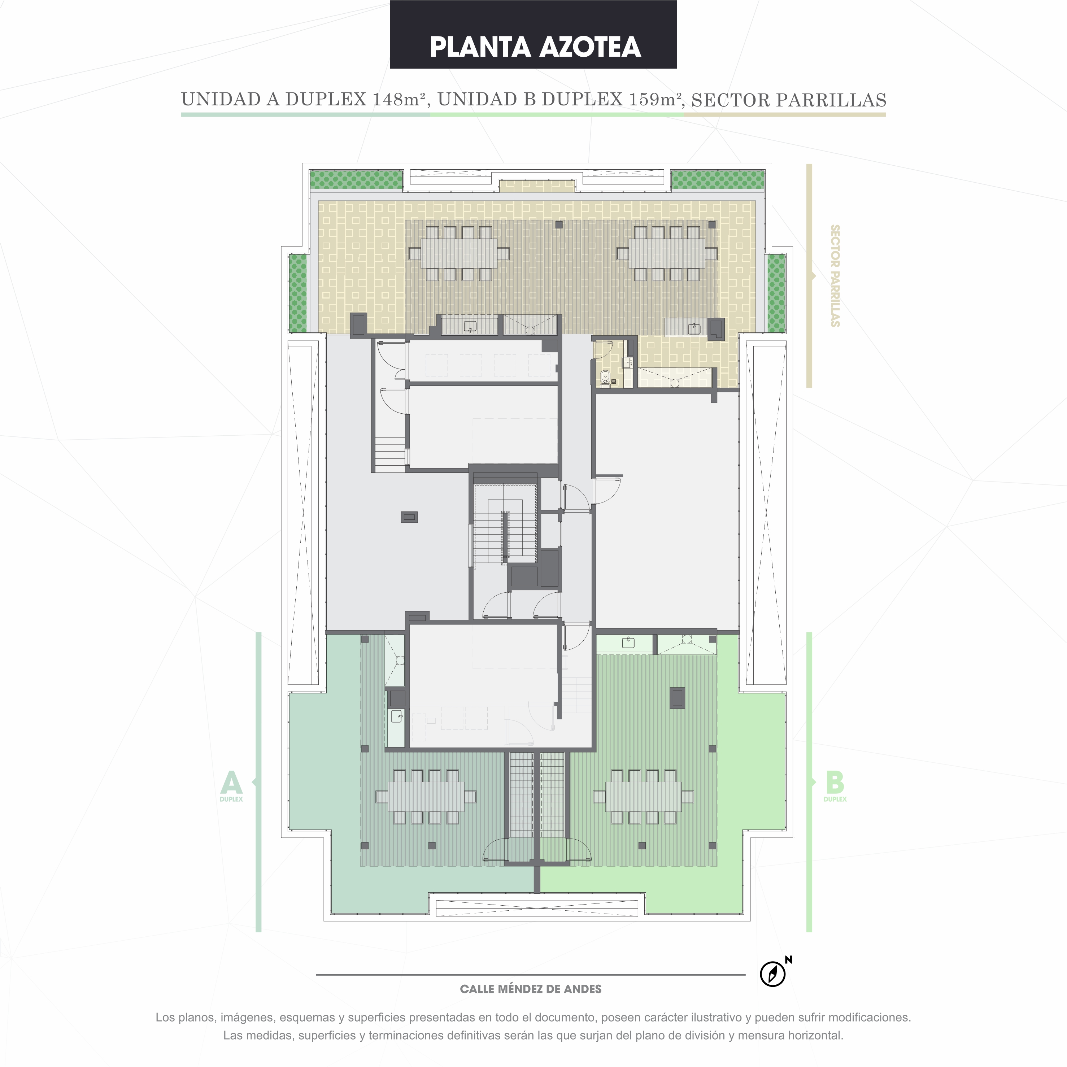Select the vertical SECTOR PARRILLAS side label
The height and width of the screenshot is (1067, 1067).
[835, 275]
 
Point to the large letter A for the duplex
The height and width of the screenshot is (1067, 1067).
[231, 783]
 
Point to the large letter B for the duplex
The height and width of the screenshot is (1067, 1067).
[835, 783]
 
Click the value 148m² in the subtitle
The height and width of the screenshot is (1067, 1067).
[399, 99]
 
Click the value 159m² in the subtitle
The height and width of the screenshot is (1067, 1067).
[656, 99]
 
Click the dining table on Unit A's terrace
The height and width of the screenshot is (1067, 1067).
[426, 796]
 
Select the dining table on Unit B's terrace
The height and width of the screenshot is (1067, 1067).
[643, 796]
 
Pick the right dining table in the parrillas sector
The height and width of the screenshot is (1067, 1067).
[667, 253]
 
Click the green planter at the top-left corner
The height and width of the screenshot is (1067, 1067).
[356, 180]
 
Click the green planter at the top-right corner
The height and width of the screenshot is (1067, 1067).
[718, 180]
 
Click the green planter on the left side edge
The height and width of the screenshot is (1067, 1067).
[298, 293]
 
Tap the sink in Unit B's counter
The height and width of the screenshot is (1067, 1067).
[628, 643]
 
